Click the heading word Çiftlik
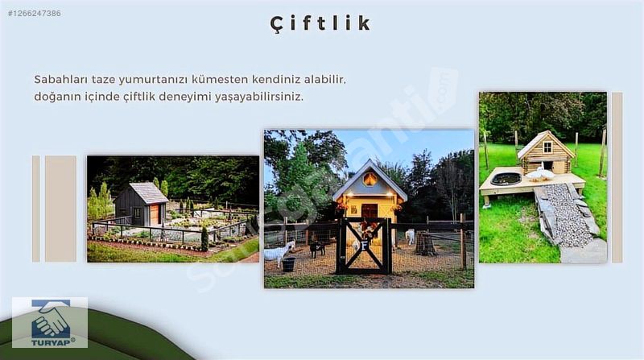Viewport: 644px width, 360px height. (320, 23)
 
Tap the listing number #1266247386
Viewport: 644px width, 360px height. (34, 13)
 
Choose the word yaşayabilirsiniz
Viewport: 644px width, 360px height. (258, 97)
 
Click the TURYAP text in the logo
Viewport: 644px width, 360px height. (51, 341)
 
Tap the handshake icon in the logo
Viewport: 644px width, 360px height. (51, 319)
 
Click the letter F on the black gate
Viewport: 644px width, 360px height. (364, 246)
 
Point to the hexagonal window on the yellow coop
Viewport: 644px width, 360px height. (369, 179)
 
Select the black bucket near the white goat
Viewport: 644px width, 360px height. (289, 264)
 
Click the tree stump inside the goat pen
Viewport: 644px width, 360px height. (425, 244)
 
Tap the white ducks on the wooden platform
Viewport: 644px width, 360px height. (540, 173)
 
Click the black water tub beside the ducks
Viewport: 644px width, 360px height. (506, 178)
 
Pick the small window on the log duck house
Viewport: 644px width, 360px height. (547, 147)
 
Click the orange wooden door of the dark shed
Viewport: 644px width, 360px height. (154, 214)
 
